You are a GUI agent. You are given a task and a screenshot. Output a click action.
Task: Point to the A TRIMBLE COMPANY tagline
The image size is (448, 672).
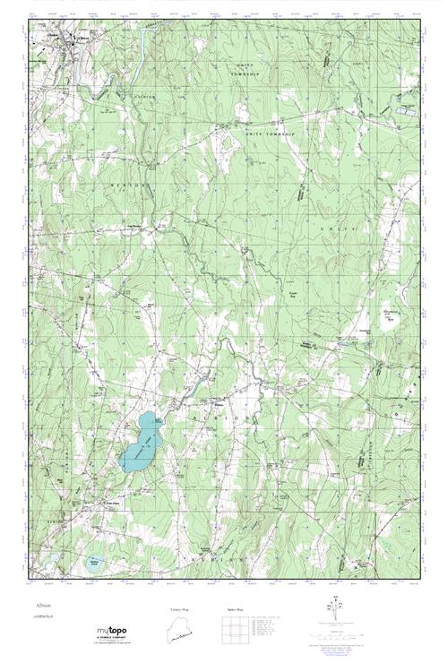116,642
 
